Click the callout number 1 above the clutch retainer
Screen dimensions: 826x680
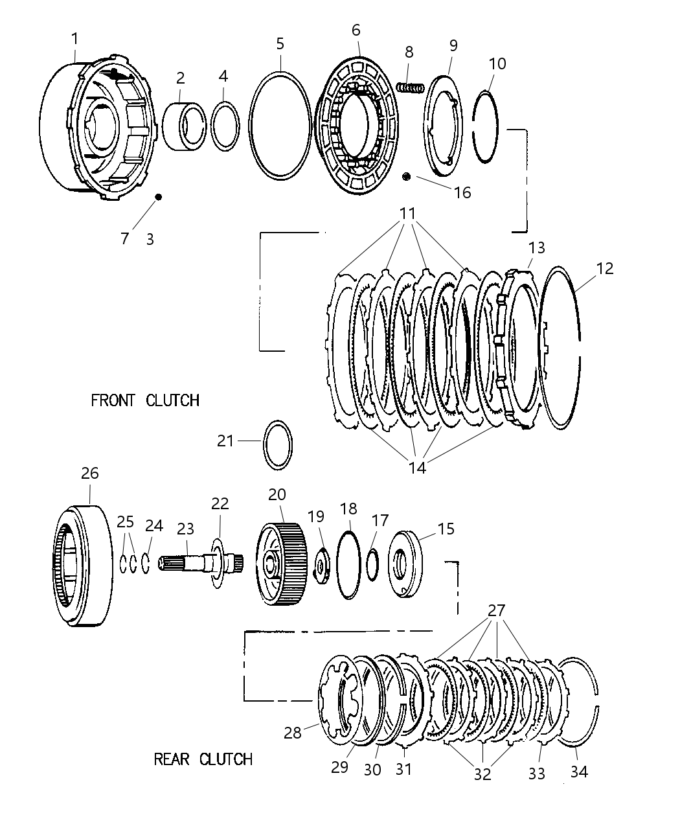click(x=74, y=39)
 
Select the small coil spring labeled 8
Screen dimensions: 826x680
click(x=409, y=87)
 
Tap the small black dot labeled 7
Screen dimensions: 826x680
click(x=157, y=197)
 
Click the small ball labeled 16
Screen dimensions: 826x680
click(x=407, y=177)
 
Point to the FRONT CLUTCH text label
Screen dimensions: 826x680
click(x=144, y=400)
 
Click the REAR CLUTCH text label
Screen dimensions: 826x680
click(x=203, y=759)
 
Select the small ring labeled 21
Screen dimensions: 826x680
click(x=278, y=443)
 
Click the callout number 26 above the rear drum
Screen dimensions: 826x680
click(x=89, y=474)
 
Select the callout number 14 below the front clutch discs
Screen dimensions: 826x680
click(x=418, y=467)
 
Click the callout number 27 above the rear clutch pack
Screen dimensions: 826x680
click(x=497, y=610)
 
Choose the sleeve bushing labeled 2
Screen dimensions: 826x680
click(x=184, y=124)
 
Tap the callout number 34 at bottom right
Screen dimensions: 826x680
click(x=578, y=772)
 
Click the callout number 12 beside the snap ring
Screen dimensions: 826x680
click(x=604, y=268)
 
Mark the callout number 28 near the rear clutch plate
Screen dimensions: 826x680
click(x=293, y=733)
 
